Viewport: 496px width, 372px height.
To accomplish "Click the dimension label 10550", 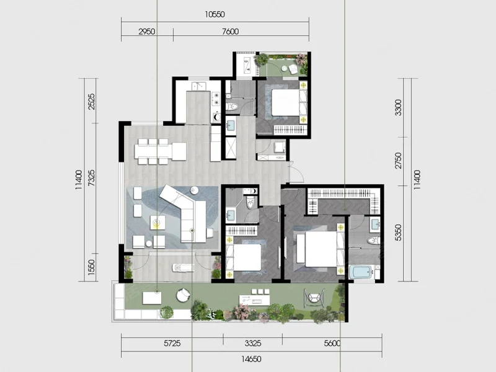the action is pos(215,14).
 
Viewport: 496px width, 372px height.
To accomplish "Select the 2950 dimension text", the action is pos(147,32).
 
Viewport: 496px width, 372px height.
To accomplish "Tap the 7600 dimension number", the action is pos(230,32).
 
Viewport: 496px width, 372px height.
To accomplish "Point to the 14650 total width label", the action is pos(252,360).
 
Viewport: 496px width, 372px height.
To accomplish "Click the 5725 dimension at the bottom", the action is pos(172,343).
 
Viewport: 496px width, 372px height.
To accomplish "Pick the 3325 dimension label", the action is pos(253,343).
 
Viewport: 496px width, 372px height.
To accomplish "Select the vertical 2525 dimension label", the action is pos(91,101).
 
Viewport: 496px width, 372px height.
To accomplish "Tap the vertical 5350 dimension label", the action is pos(398,232).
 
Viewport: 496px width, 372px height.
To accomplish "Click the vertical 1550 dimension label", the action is pos(91,267).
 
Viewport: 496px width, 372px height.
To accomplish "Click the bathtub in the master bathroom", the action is pos(361,273).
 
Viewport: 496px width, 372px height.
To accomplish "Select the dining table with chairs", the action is pos(160,151).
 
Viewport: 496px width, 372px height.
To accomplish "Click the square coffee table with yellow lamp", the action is pos(157,223).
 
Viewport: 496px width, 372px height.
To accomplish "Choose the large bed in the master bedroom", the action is pos(320,249).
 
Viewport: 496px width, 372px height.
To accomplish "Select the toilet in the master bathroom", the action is pos(374,241).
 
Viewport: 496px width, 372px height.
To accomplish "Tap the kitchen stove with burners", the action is pos(216,98).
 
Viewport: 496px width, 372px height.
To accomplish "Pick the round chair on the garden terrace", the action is pos(183,295).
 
